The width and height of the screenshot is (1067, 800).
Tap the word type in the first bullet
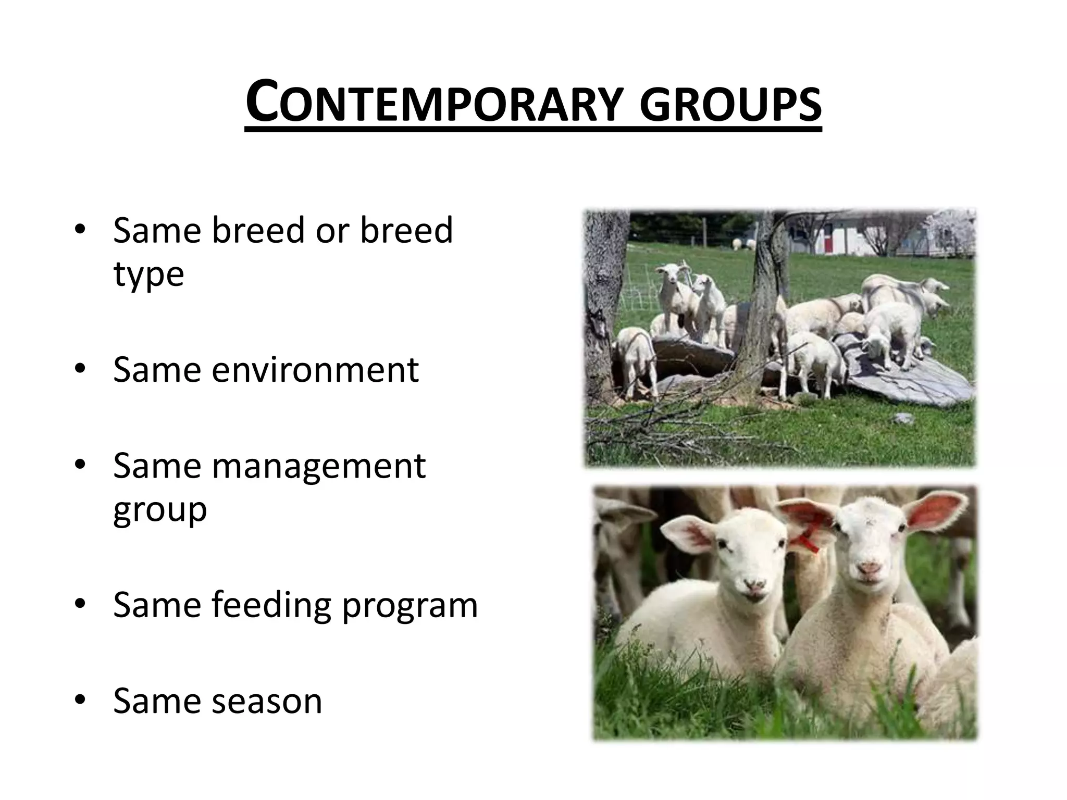click(x=148, y=275)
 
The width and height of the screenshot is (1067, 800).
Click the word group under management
click(x=159, y=510)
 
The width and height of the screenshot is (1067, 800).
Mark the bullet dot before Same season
click(x=80, y=701)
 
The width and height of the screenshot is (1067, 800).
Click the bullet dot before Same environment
click(x=80, y=369)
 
